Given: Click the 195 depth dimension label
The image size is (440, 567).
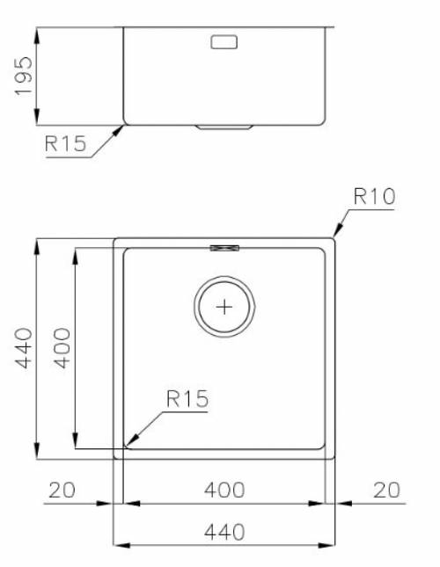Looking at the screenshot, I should (24, 76).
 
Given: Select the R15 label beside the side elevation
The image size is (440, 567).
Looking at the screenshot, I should (66, 144).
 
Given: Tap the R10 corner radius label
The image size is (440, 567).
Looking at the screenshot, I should (374, 197).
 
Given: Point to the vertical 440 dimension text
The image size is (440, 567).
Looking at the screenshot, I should (24, 347).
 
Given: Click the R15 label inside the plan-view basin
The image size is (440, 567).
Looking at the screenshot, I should (187, 399).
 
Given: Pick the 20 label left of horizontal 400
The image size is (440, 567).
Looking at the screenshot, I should (62, 490).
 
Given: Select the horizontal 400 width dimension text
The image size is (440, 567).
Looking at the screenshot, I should (225, 490).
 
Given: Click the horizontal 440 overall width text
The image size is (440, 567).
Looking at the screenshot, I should (225, 532).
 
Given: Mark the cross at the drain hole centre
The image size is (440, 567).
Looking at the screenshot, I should (225, 307).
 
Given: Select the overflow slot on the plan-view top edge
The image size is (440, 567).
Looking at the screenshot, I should (225, 248).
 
